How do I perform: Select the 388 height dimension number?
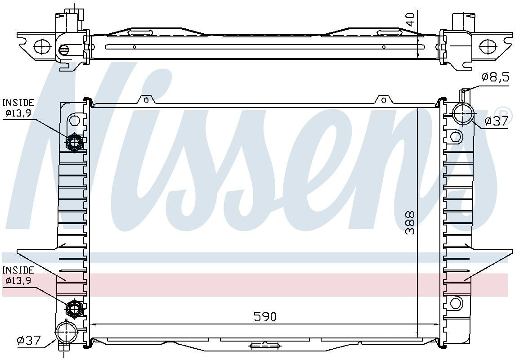click(x=410, y=223)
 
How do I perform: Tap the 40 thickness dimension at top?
click(x=410, y=19)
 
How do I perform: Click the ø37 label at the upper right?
click(x=496, y=121)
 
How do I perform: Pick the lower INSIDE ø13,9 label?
click(x=18, y=275)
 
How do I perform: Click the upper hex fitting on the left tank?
click(x=73, y=143)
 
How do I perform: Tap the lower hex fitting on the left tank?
click(x=73, y=309)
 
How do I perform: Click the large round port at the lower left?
click(x=66, y=333)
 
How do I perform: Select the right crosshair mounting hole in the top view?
click(x=487, y=46)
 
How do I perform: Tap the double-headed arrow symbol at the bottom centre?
click(x=264, y=346)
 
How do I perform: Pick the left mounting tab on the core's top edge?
click(x=145, y=99)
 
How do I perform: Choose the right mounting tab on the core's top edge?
click(x=383, y=99)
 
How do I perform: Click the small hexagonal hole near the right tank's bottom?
click(x=455, y=303)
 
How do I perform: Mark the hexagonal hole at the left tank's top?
click(x=75, y=120)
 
